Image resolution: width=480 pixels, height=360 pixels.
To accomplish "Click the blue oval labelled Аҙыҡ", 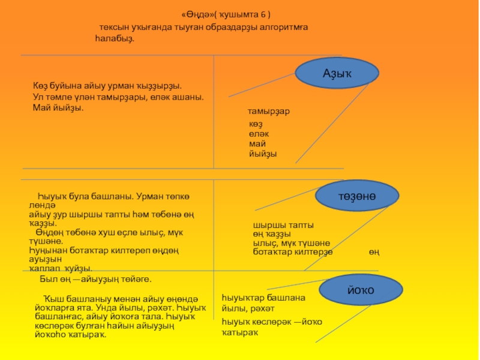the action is pyautogui.click(x=337, y=73).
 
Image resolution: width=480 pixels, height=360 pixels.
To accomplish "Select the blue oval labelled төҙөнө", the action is pyautogui.click(x=356, y=196).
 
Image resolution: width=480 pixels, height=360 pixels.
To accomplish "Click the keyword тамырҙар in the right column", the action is pyautogui.click(x=273, y=112).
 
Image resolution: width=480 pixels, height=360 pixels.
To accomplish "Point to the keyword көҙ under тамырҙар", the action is pyautogui.click(x=256, y=124).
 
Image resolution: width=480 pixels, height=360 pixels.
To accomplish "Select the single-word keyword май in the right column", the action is pyautogui.click(x=257, y=144).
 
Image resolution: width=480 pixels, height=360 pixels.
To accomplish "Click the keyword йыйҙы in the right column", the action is pyautogui.click(x=263, y=154).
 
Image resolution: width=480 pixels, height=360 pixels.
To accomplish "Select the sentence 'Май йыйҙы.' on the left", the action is pyautogui.click(x=58, y=107).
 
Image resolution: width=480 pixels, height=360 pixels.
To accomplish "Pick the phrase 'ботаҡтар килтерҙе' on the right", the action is pyautogui.click(x=292, y=252).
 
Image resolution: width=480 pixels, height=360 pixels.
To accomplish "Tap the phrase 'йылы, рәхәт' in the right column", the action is pyautogui.click(x=248, y=308).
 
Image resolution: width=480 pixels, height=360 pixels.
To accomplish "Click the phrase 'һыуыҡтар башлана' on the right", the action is pyautogui.click(x=263, y=298).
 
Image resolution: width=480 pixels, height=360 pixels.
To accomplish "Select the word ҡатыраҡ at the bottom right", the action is pyautogui.click(x=239, y=332).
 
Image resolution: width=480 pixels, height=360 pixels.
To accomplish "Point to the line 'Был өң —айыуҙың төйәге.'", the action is pyautogui.click(x=95, y=280).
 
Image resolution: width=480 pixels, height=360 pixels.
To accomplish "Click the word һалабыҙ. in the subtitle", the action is pyautogui.click(x=115, y=38).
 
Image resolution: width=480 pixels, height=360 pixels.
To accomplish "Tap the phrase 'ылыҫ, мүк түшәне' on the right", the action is pyautogui.click(x=291, y=243).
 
